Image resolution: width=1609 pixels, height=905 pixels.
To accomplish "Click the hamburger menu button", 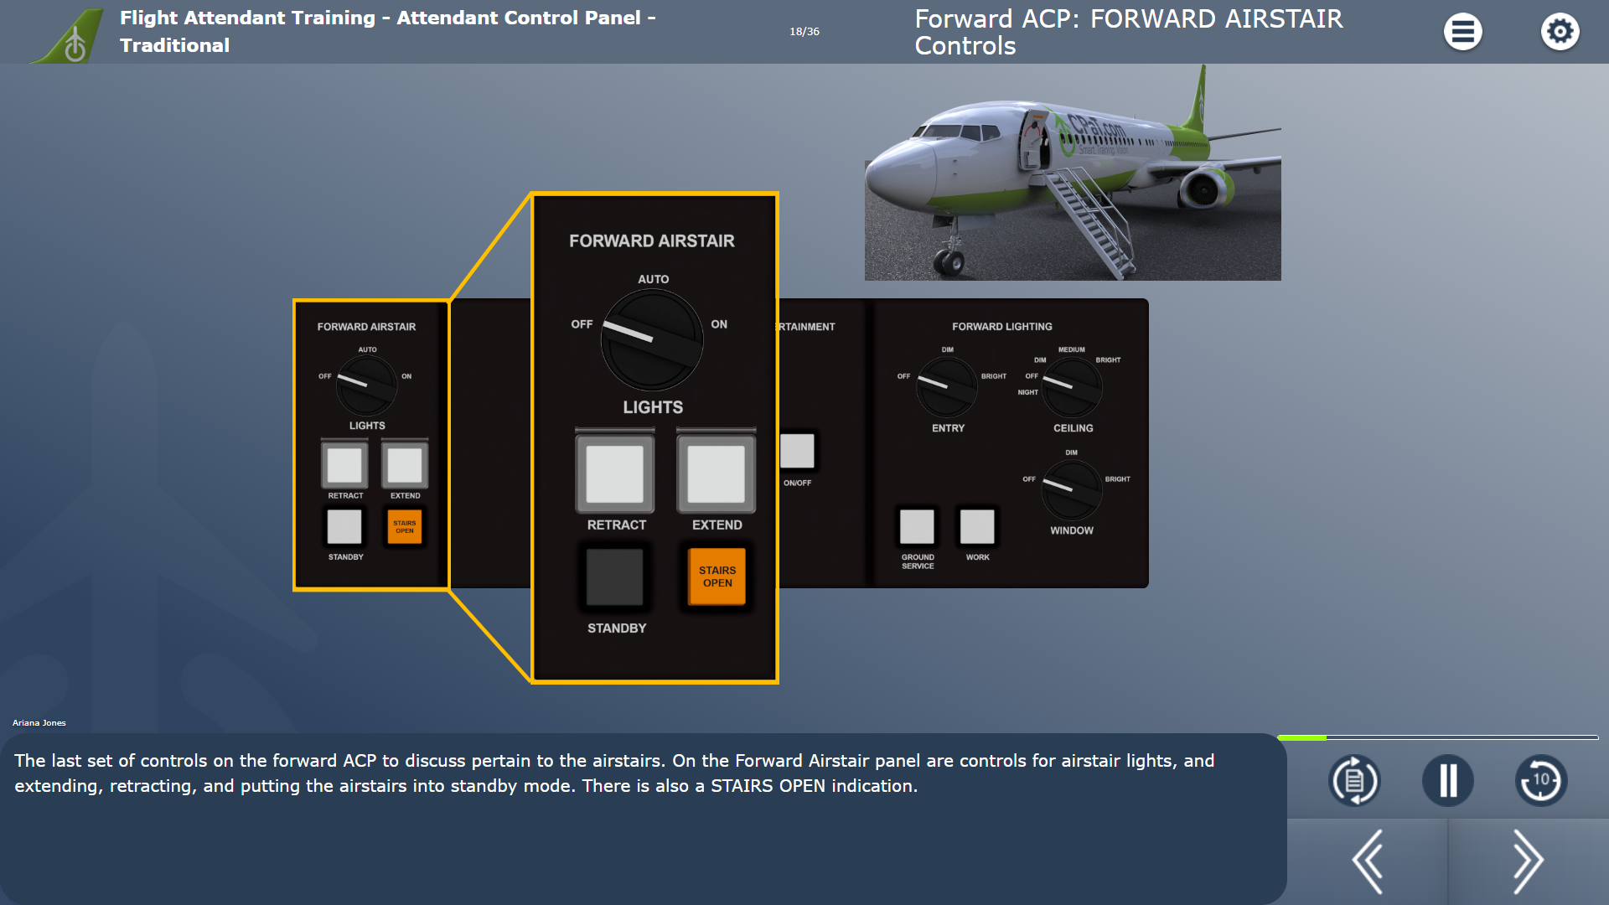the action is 1462,32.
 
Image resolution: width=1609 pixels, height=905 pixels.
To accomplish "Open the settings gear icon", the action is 1560,32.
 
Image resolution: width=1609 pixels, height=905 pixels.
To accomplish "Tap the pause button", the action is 1447,781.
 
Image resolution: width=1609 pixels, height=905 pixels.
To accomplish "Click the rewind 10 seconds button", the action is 1540,781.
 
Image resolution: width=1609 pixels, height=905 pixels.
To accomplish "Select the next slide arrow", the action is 1527,861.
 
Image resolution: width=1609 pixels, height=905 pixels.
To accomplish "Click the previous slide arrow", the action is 1368,861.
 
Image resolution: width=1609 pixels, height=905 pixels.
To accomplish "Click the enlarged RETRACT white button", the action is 614,473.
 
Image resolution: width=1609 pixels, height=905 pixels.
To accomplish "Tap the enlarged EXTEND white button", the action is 716,473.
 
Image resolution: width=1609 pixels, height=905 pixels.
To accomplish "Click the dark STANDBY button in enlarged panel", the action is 614,577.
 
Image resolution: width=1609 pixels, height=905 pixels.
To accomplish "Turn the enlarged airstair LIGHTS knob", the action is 652,339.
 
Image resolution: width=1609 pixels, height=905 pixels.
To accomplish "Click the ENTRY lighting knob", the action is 947,387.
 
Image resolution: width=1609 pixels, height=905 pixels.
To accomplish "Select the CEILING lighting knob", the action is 1072,387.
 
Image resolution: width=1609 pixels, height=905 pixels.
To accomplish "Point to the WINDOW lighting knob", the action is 1072,490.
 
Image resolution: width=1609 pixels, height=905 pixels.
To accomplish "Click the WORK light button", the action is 977,526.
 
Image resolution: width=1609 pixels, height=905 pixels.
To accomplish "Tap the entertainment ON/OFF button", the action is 797,451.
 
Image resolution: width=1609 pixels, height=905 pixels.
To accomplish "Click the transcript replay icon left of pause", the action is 1354,781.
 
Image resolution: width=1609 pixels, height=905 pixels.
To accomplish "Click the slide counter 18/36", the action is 804,32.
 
